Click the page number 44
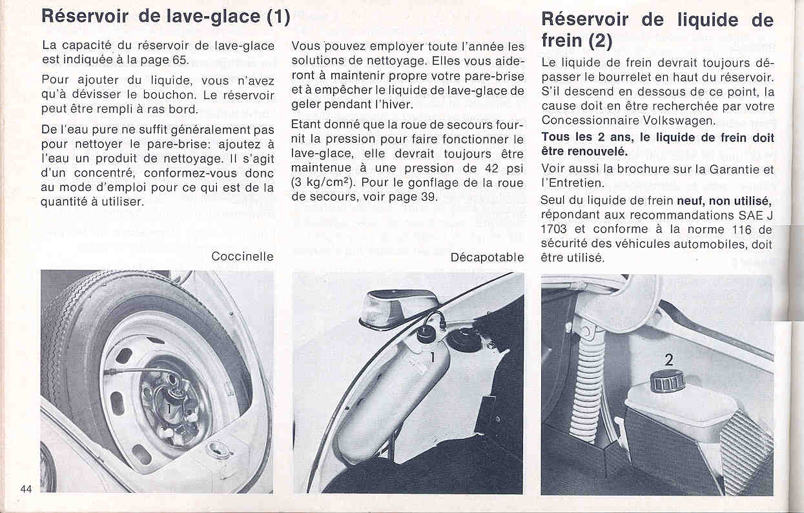[x=26, y=488]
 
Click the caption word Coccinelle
[x=242, y=257]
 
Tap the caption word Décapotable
[x=487, y=257]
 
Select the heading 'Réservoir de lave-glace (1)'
[x=166, y=15]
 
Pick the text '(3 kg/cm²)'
[x=324, y=183]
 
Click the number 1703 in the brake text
[x=554, y=229]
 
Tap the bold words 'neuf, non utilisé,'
[x=724, y=201]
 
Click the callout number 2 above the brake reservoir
[x=668, y=360]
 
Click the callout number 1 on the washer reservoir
[x=432, y=354]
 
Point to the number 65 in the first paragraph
[x=181, y=61]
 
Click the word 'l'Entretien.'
[x=571, y=184]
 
